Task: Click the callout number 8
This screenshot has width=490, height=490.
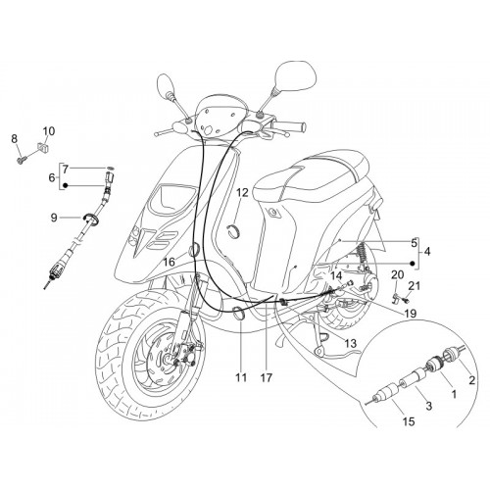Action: [14, 139]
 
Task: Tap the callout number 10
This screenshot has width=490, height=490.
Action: [49, 131]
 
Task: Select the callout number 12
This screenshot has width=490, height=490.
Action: [242, 193]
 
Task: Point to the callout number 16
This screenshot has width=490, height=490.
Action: [170, 262]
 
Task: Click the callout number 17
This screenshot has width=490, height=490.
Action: [267, 378]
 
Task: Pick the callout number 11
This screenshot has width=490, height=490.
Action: [241, 378]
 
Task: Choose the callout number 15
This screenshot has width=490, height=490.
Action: [409, 421]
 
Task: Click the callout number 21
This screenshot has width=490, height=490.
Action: [415, 286]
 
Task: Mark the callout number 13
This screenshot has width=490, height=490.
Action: [350, 343]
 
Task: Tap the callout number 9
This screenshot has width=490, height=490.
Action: [54, 218]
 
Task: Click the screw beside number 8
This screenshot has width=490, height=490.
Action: [22, 161]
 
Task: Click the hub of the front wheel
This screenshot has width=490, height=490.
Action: [170, 359]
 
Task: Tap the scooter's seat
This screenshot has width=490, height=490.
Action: [311, 178]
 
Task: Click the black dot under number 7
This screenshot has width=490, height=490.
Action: [66, 185]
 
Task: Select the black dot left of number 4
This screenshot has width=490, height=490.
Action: [413, 264]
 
